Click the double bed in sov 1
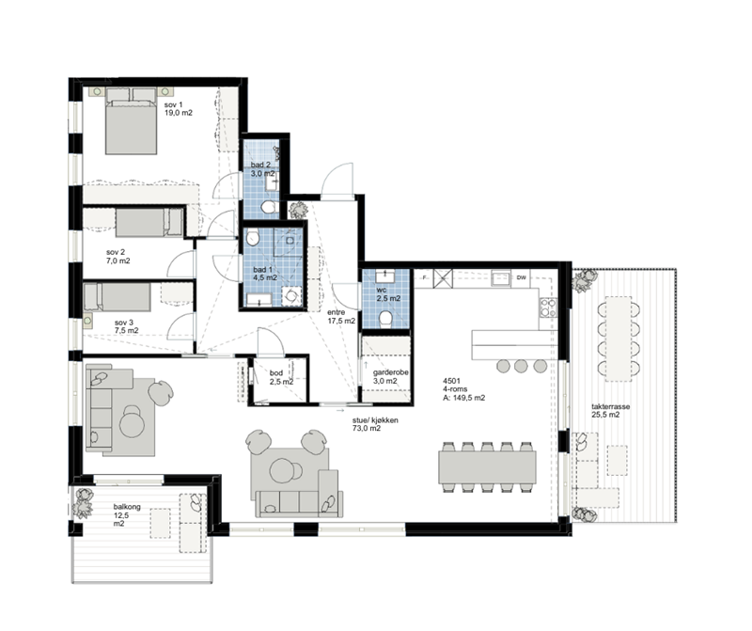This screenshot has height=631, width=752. coord(131,121)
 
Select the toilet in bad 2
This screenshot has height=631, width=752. coord(268,207)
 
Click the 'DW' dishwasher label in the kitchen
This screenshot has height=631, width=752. coord(521,277)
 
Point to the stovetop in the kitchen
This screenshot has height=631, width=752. coord(548,308)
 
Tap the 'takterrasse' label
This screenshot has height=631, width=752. coord(610,407)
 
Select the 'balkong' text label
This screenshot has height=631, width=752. coord(127,507)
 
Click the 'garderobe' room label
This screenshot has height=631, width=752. coord(391,372)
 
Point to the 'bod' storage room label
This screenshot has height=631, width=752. coord(275,372)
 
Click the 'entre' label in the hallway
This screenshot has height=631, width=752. coord(336,312)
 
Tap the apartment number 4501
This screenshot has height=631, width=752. coord(452,381)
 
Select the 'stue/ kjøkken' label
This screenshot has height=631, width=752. coord(375,420)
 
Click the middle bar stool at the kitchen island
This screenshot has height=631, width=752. coord(521,366)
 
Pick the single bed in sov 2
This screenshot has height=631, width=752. coord(149,223)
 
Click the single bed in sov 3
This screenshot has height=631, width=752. coord(117,297)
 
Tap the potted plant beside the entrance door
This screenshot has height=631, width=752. coord(297,210)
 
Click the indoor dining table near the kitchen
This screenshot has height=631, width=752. coord(487,466)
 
